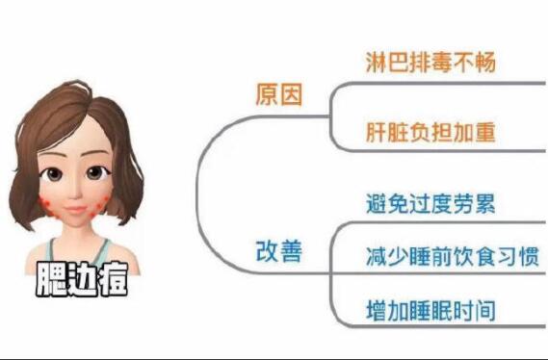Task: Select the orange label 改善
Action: tap(279, 251)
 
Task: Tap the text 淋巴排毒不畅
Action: tap(431, 64)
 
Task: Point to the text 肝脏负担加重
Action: tap(431, 131)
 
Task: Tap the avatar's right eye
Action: tap(96, 174)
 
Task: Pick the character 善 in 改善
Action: tap(292, 251)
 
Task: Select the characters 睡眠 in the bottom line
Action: tap(431, 311)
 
